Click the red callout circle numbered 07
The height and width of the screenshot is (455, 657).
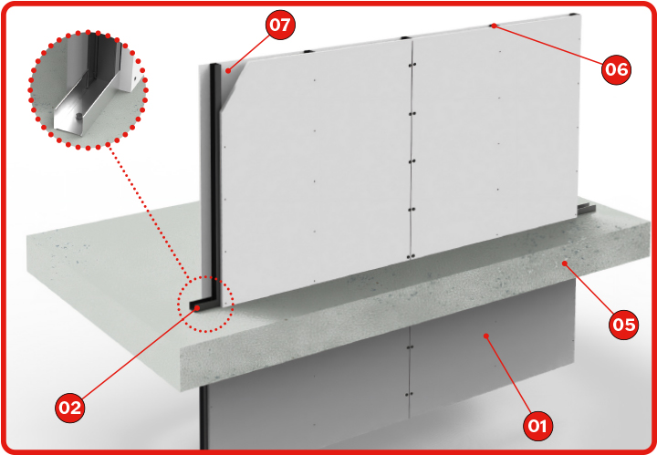coord(280,25)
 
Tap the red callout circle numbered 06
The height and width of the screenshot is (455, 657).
coord(616,69)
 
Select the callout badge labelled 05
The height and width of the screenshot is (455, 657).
coord(624,325)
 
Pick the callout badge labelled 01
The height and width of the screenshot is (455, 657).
coord(537,426)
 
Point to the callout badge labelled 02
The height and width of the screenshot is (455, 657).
coord(70,408)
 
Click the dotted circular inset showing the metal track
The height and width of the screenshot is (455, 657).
coord(88,89)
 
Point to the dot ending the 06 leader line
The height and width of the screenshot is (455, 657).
coord(494,26)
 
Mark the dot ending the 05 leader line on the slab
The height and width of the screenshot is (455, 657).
coord(565,264)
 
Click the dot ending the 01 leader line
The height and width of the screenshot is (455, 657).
coord(486,336)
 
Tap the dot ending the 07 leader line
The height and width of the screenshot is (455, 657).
coord(228,71)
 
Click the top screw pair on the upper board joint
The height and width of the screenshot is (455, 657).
coord(412,65)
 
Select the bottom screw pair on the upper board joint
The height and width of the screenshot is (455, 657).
coord(412,255)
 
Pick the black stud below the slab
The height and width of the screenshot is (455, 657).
coord(204,418)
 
